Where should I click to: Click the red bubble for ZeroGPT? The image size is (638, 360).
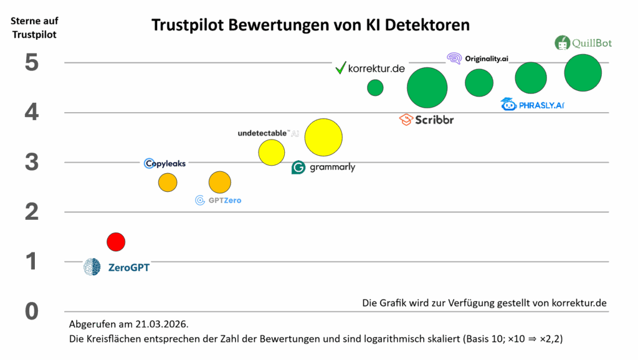(x=116, y=241)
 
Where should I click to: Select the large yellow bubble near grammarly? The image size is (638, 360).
(x=323, y=138)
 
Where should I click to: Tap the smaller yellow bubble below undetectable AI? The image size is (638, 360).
(x=272, y=153)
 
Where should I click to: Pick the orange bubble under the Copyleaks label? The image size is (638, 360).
(x=168, y=182)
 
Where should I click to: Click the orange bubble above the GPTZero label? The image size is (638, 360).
(x=220, y=182)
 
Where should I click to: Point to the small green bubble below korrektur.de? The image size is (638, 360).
(x=375, y=88)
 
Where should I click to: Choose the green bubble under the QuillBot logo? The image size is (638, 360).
(x=583, y=73)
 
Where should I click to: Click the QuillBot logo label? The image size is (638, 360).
(x=583, y=43)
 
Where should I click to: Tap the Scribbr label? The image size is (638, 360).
(x=427, y=120)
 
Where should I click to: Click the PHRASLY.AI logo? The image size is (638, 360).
(x=533, y=105)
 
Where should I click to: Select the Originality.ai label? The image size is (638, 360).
(x=478, y=59)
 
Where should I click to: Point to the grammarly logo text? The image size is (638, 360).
(x=323, y=167)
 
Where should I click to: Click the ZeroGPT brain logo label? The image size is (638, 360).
(x=117, y=267)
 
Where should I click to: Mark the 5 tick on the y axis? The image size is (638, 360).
(x=32, y=63)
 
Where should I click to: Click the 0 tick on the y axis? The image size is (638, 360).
(x=32, y=311)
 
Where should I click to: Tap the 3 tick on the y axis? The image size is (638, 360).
(x=32, y=163)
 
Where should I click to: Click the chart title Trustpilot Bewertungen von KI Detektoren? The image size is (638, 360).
(x=311, y=26)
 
